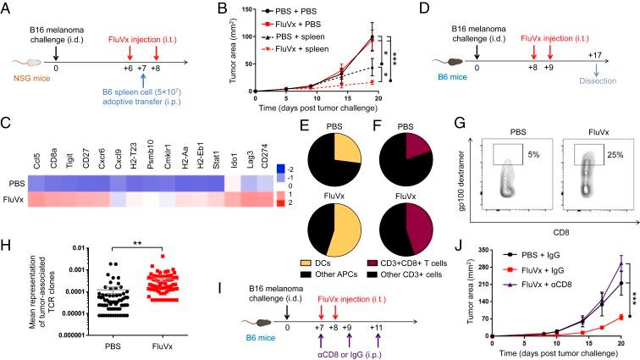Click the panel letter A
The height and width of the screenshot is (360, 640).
click(x=7, y=8)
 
